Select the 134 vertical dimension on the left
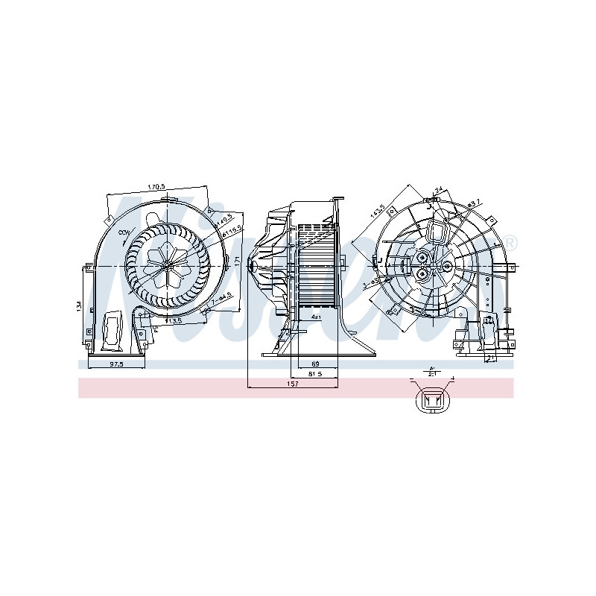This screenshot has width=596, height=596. [x=79, y=306]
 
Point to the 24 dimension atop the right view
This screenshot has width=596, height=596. [x=440, y=190]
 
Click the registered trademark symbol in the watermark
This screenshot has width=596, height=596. [x=510, y=241]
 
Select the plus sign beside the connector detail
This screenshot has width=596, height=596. [x=452, y=380]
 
